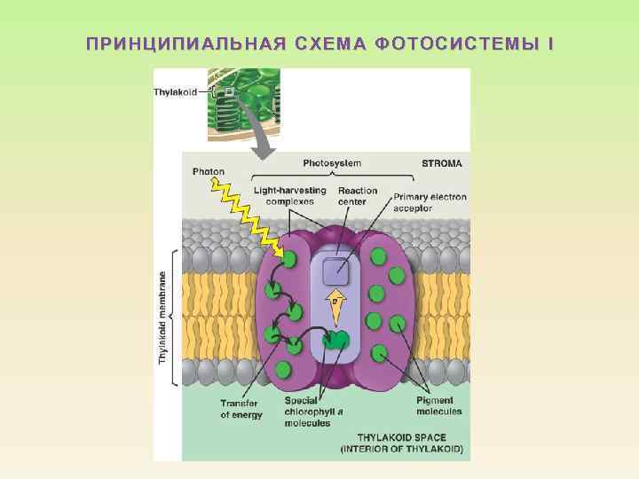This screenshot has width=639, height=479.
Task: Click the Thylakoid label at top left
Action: (176, 90)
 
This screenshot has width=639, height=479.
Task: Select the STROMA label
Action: (441, 163)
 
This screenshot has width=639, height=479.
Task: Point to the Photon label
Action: (208, 171)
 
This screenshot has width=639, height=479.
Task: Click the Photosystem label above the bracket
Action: (332, 163)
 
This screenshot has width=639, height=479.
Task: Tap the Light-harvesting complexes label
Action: (289, 195)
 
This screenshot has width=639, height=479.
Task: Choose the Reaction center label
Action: (357, 195)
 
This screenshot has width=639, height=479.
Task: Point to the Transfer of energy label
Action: (241, 409)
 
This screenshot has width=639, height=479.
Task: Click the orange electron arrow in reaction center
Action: (335, 303)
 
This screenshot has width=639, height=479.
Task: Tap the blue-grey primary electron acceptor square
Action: (335, 271)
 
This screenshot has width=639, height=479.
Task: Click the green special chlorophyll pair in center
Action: (335, 339)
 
